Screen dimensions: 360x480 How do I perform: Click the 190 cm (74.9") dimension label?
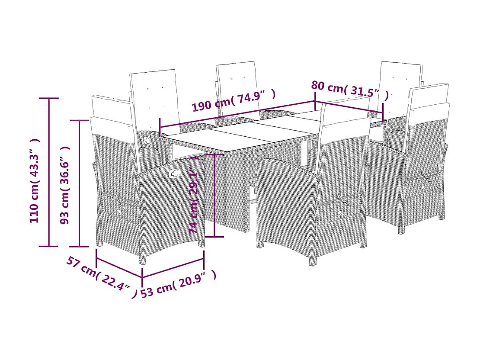(x=234, y=100)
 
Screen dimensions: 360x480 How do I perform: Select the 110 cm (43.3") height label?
(x=35, y=180)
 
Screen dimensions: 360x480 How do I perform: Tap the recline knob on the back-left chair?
(x=147, y=141)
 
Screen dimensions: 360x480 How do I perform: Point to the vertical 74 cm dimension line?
(x=215, y=195)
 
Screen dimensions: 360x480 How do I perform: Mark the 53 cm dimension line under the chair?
(x=173, y=268)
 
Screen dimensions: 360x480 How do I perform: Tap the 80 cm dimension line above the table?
(x=349, y=107)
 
